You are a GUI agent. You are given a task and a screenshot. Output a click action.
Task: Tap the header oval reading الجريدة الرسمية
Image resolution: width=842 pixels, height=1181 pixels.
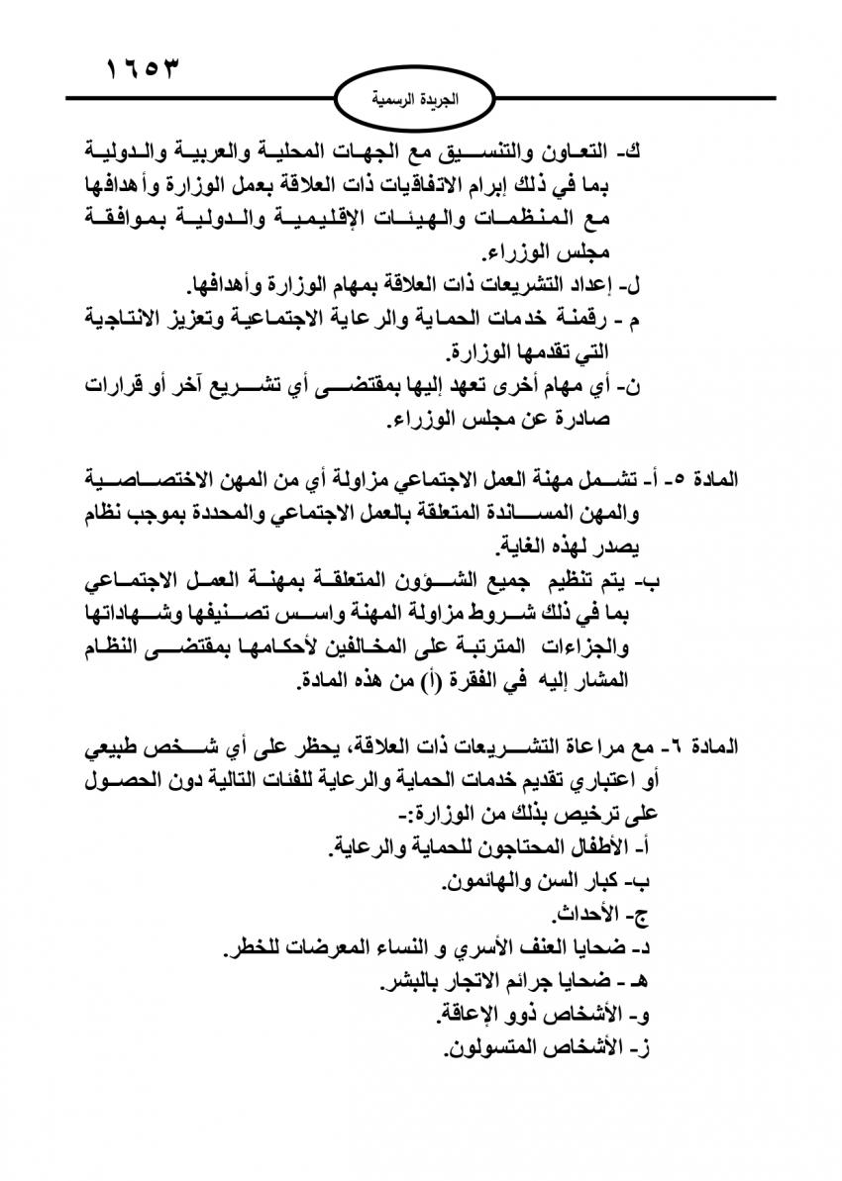(x=422, y=100)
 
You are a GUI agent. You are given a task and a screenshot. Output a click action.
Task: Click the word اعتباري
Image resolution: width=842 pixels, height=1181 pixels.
(x=614, y=780)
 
